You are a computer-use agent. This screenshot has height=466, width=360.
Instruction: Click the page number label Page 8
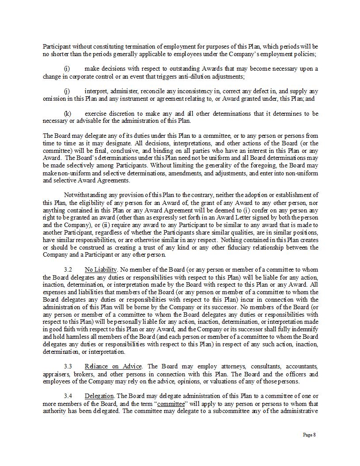click(309, 435)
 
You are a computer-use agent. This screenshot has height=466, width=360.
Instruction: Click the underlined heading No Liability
click(101, 269)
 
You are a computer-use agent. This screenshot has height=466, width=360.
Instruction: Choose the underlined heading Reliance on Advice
click(113, 367)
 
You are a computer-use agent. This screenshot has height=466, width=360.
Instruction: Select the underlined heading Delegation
click(99, 396)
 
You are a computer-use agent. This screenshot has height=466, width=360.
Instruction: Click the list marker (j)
click(67, 91)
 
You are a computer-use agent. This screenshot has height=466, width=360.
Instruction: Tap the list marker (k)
click(68, 114)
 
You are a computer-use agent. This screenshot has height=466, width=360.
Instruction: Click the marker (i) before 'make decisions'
click(67, 68)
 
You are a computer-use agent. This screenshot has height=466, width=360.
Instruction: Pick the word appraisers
click(56, 374)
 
